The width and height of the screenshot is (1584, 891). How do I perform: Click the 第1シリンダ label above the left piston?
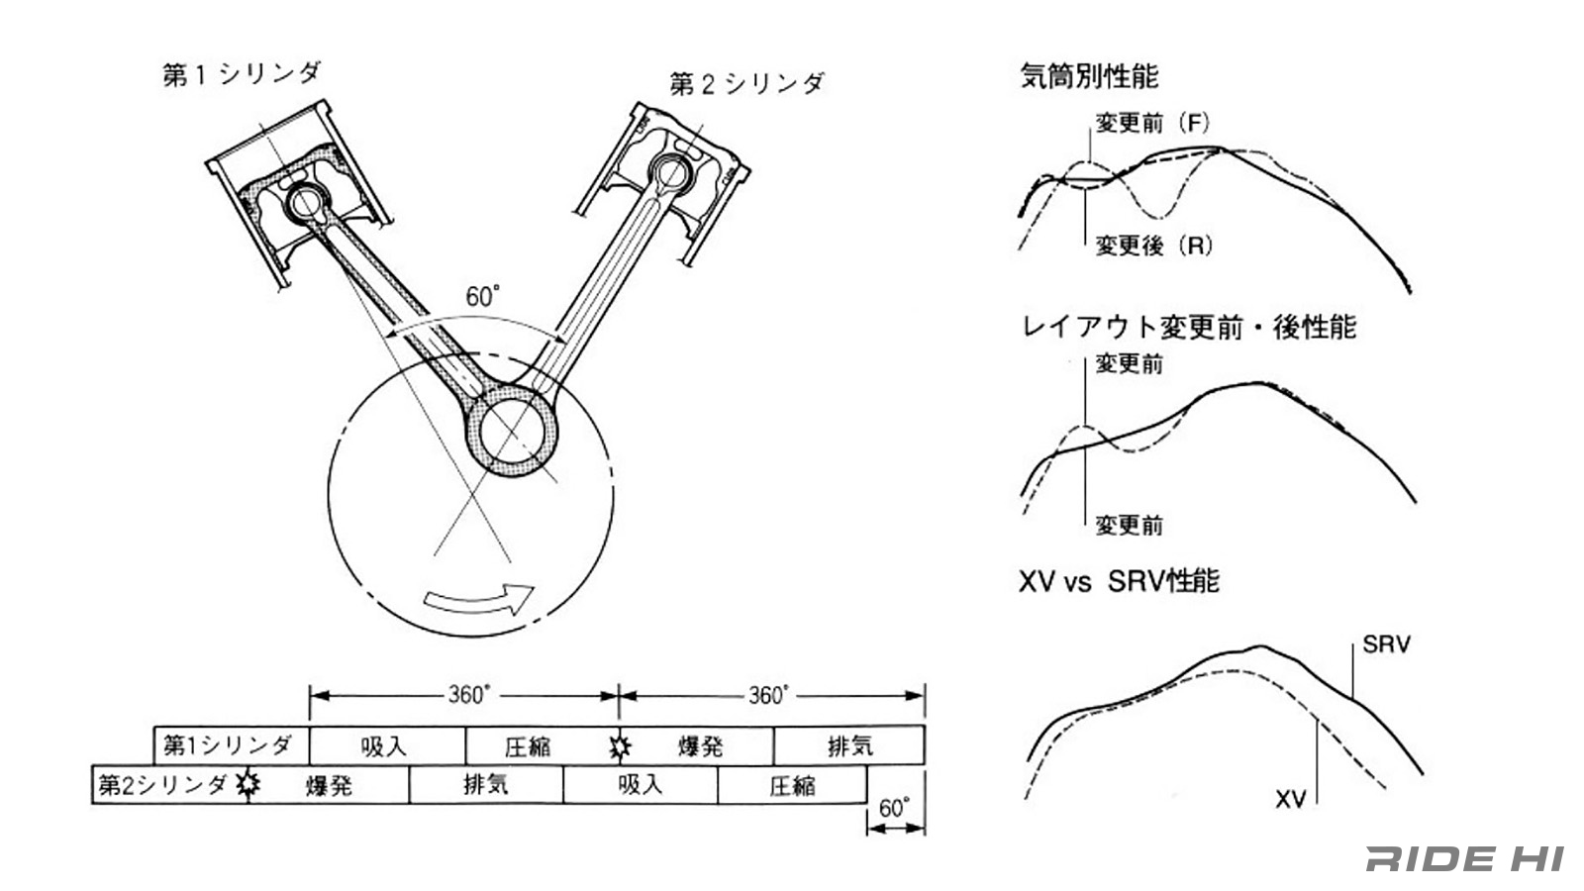[242, 74]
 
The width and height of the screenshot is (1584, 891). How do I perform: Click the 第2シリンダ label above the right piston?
[746, 84]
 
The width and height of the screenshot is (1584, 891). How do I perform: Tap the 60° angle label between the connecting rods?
[483, 296]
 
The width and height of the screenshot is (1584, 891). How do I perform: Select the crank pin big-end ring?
[514, 432]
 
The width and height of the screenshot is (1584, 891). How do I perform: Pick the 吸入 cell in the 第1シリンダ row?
[385, 746]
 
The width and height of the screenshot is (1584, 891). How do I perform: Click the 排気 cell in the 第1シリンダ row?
[849, 746]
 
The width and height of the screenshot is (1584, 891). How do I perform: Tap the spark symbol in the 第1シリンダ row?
[620, 746]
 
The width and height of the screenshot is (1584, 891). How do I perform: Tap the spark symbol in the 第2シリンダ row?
[247, 785]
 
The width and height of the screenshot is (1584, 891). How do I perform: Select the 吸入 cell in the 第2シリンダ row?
[640, 785]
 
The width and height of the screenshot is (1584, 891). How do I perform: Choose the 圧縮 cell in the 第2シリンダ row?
[792, 785]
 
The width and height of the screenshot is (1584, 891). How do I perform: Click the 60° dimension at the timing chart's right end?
[893, 808]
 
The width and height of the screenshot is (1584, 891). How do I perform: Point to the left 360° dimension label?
[468, 695]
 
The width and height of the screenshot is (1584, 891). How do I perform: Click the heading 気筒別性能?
[1089, 76]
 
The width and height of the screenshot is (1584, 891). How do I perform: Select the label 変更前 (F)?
[1152, 124]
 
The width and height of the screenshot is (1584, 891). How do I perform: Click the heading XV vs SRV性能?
[1119, 581]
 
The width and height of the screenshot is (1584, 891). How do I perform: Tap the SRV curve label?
[1386, 644]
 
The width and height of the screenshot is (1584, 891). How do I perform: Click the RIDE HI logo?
[1464, 858]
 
